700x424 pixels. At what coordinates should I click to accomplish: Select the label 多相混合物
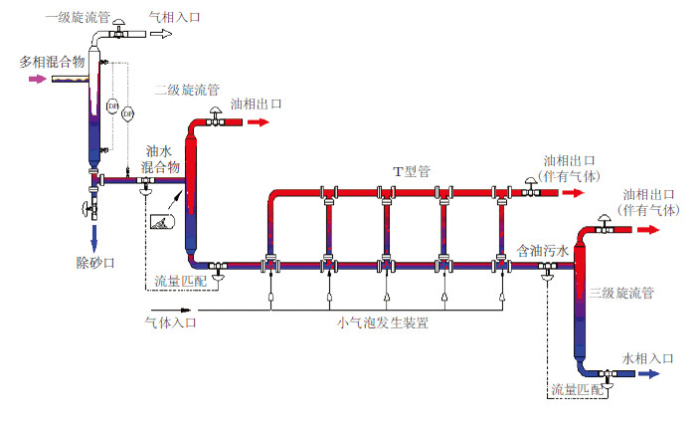tap(51, 62)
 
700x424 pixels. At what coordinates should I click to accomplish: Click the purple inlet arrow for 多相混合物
tap(37, 79)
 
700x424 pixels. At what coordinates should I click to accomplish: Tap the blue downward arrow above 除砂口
tap(95, 237)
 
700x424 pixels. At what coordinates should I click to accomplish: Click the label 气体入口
tap(171, 322)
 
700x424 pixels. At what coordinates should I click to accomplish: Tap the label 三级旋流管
tap(620, 294)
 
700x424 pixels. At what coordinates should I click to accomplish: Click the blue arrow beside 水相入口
tap(649, 374)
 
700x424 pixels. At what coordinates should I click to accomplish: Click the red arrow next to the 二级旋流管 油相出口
tap(259, 122)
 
